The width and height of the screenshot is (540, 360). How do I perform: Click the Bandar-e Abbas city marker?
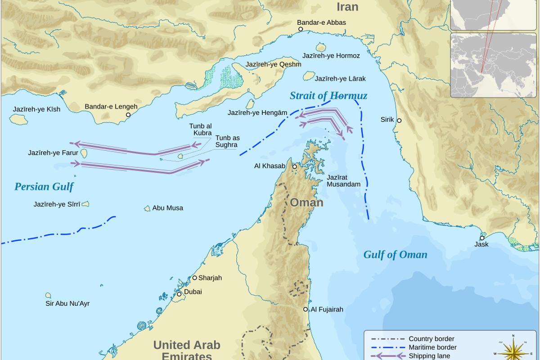tap(301, 29)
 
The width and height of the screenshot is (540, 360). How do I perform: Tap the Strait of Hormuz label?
tap(328, 95)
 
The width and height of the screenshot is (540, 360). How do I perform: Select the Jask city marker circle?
tap(482, 238)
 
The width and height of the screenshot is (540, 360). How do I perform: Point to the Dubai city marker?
tap(179, 294)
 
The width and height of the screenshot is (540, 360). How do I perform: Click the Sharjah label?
tap(210, 278)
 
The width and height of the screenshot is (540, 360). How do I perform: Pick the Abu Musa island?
tap(147, 208)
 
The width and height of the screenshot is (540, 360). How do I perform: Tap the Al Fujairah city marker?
tap(306, 309)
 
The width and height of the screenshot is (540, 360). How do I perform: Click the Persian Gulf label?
tap(44, 187)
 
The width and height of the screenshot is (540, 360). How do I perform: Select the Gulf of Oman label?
tap(395, 255)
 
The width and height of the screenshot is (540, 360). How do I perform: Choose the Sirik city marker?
tap(399, 121)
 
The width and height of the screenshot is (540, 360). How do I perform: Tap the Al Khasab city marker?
tap(294, 166)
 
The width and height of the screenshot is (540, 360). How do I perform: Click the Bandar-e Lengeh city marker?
tap(128, 115)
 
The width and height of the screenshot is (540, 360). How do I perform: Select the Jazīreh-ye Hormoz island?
tap(321, 47)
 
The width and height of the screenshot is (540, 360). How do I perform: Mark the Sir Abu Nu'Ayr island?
tap(48, 296)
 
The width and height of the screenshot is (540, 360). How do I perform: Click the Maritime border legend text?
tap(432, 347)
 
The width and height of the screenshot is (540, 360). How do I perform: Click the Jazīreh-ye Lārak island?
tap(309, 76)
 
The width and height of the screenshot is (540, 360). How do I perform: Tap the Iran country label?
tap(347, 6)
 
